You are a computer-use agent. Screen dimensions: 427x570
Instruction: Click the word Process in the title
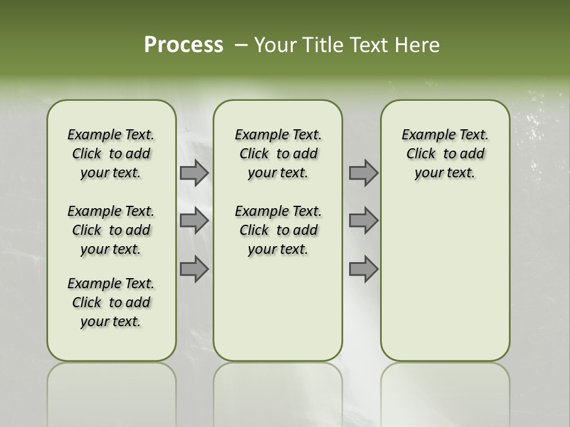(183, 45)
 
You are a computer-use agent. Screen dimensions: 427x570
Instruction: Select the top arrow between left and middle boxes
(194, 173)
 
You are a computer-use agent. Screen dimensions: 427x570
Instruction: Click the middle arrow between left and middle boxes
(194, 221)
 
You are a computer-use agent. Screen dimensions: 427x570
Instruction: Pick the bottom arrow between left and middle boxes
(194, 269)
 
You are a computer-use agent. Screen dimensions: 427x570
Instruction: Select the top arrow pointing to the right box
(363, 173)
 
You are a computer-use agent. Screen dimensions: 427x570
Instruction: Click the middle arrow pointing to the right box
(363, 221)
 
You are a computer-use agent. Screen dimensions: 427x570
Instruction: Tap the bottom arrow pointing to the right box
(363, 269)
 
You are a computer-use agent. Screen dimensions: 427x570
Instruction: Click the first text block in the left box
(111, 154)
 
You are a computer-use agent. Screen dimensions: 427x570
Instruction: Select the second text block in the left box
(111, 230)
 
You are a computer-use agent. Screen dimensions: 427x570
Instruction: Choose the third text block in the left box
(111, 302)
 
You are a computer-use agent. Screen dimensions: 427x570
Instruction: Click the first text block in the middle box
(278, 154)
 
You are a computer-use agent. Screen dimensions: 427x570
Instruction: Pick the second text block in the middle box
(278, 230)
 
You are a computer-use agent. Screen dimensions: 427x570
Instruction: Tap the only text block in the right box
(445, 154)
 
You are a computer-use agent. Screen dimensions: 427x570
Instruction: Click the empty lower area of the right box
(445, 285)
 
